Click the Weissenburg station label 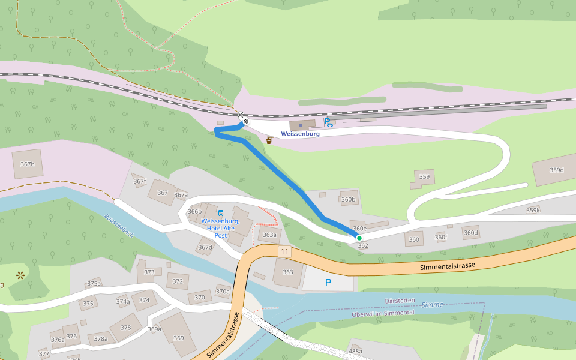coord(300,134)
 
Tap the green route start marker coord(359,238)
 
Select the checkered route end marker coord(246,122)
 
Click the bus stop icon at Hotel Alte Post coord(221,213)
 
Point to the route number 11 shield coord(284,252)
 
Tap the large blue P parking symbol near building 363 coord(328,283)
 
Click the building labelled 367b coord(27,164)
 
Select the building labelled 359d coord(556,170)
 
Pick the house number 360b coord(348,199)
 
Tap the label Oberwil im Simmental coord(383,313)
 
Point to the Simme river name coord(432,305)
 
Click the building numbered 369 coord(179,338)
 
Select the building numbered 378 coord(125,328)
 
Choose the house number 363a coord(270,235)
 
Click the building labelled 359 coord(424,177)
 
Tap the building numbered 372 coord(178,281)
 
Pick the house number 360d coord(471,233)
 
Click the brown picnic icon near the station coord(270,140)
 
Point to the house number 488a coord(355,351)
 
